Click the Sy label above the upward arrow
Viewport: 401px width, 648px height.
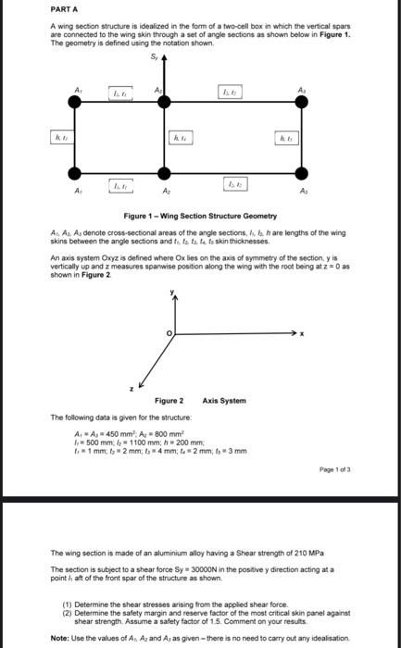tap(155, 57)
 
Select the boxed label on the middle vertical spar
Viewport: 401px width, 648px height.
tap(181, 139)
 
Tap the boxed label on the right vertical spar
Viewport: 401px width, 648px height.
tap(288, 139)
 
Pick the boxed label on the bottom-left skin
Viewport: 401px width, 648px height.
tap(119, 187)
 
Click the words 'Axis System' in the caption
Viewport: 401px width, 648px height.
tap(224, 401)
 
